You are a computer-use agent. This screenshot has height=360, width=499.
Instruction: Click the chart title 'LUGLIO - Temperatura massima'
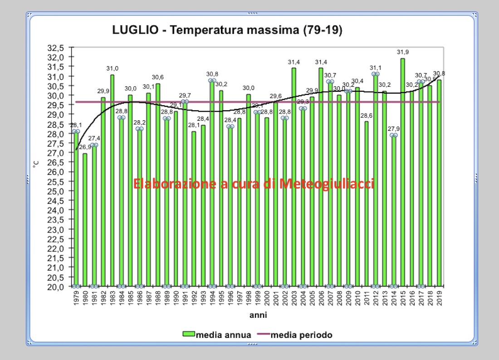[227, 30]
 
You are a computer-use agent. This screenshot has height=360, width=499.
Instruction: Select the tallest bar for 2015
[402, 173]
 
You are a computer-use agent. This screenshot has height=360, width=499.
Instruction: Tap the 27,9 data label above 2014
[393, 129]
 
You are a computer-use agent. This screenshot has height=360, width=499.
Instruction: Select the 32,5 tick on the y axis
[61, 48]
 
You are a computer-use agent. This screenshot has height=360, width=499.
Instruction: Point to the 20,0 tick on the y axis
[61, 287]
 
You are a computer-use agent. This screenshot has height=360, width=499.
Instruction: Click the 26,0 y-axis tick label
[61, 172]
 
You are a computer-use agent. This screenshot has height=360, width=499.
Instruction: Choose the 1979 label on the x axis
[76, 298]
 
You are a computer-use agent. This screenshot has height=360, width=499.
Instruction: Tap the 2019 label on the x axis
[439, 298]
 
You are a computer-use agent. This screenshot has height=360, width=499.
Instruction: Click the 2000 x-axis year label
[267, 298]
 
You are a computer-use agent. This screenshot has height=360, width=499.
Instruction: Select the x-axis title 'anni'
[257, 315]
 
